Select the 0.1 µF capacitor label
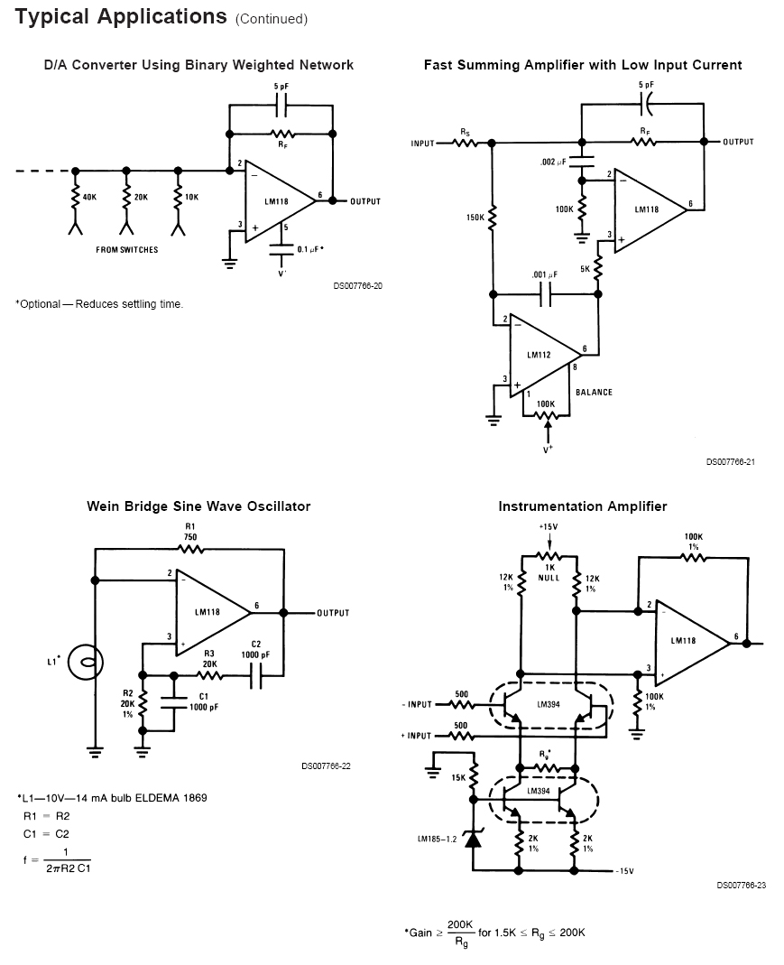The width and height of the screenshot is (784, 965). coord(309,248)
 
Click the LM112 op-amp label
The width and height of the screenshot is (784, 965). coord(539,355)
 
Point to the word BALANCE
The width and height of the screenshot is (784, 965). coord(594,392)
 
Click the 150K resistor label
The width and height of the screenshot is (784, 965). coord(475,218)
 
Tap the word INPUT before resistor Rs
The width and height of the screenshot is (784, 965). coord(423,144)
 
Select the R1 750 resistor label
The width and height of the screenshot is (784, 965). coord(190,532)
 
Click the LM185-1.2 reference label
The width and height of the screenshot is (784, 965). coord(437,839)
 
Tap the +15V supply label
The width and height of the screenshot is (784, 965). coord(549,526)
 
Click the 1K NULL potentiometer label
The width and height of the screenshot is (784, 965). coord(549,572)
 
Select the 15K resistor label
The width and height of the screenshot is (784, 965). coord(457,777)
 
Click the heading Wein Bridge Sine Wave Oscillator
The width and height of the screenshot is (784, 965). coord(198,506)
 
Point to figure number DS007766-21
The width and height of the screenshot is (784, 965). coord(730,461)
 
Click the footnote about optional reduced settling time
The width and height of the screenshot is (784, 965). coord(99,304)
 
